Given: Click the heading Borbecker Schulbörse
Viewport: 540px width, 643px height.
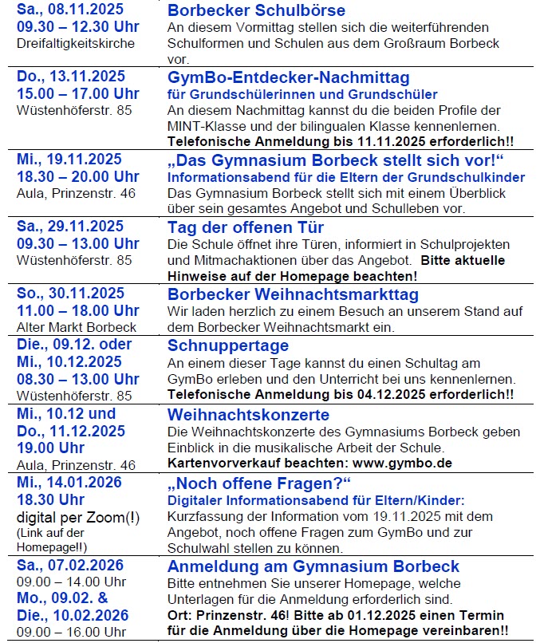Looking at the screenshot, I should tap(256, 11).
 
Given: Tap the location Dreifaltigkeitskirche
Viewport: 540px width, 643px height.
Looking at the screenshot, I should tap(76, 43).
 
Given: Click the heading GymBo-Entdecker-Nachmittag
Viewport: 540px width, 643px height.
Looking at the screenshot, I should tap(288, 77).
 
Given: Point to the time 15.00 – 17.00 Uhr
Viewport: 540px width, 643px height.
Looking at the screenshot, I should tap(77, 93).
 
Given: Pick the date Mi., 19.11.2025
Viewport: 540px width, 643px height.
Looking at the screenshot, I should tap(69, 160).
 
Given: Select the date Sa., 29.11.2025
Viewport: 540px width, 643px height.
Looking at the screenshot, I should tap(70, 227).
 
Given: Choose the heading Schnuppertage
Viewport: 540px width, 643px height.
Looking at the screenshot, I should tap(228, 345).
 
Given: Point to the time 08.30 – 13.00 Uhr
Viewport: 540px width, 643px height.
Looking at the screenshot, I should tap(77, 378).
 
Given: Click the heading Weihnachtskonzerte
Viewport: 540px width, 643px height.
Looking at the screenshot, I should tap(248, 415).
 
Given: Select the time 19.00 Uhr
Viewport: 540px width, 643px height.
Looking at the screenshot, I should tap(50, 448).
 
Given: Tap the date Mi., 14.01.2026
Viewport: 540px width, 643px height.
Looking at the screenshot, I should tap(69, 483).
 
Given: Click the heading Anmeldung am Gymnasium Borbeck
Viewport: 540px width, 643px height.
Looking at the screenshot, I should tap(313, 566).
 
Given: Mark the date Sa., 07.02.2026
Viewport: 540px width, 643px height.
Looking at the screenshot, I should tap(70, 566).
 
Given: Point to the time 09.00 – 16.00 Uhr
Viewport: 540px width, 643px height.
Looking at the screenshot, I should tap(71, 632).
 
